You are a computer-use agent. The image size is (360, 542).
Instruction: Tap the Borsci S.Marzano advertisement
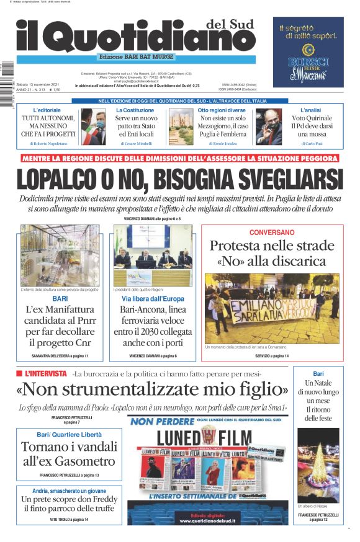coord(308,52)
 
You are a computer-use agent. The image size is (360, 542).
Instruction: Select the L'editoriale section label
coord(47,110)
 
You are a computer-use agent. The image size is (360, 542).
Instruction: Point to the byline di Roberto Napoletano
coord(48,143)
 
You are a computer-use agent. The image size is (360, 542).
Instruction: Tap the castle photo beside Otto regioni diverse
coord(180,127)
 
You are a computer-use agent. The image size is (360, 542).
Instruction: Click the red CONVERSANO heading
coord(271,232)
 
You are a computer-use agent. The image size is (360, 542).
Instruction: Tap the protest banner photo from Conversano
coord(272,308)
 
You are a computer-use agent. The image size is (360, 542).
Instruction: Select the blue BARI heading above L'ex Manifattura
coord(60,299)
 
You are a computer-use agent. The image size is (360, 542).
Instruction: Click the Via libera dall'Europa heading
coord(153,299)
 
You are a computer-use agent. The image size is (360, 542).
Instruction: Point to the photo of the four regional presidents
coord(153,254)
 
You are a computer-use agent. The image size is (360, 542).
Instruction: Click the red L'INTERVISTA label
coord(45,373)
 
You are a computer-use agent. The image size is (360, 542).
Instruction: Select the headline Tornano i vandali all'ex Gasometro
coord(68,453)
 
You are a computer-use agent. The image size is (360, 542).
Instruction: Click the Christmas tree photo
coord(318,465)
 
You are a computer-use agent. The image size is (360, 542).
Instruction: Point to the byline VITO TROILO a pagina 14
coord(69,518)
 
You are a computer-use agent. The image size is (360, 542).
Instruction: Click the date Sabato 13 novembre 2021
coord(39,84)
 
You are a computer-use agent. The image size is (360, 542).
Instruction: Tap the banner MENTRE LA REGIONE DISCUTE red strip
coord(179,158)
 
